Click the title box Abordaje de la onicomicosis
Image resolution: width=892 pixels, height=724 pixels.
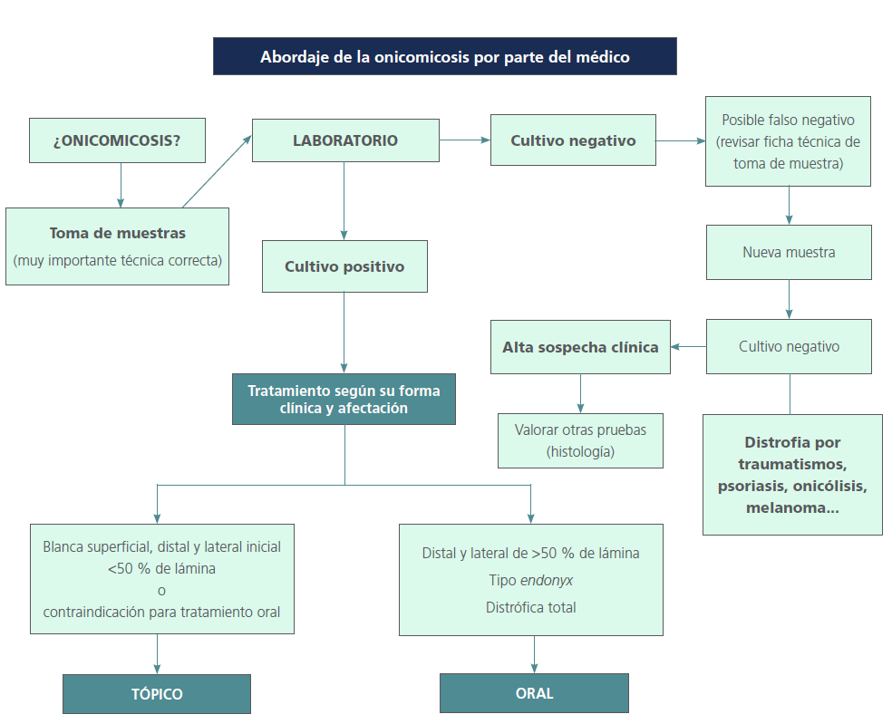[x=444, y=56]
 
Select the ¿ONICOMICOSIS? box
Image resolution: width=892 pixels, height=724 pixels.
[x=117, y=141]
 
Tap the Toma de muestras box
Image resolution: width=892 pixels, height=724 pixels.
[x=117, y=246]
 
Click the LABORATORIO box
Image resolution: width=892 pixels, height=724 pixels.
[x=344, y=140]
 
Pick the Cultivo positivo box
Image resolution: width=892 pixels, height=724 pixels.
[x=344, y=266]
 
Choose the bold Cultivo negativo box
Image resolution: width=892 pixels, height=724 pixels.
[x=573, y=140]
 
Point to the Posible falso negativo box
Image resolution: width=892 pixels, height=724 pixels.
[x=788, y=141]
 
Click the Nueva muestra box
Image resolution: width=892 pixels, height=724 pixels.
[x=789, y=252]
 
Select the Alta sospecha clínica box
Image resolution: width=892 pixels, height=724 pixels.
[x=580, y=347]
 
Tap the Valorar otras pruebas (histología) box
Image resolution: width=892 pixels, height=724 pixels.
[x=580, y=440]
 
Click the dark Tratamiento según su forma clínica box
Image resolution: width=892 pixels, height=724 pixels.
[x=344, y=400]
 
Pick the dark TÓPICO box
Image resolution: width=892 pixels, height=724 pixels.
[x=157, y=694]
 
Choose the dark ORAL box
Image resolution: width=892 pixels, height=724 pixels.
[x=534, y=693]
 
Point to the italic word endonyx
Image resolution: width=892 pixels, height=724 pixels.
[x=547, y=580]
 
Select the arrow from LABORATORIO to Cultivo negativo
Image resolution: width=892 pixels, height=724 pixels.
[x=465, y=140]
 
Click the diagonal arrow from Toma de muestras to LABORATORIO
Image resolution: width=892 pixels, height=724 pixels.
[x=218, y=171]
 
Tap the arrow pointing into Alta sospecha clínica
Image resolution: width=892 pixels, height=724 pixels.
[x=689, y=347]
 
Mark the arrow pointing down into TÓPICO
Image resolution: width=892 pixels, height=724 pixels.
[x=157, y=653]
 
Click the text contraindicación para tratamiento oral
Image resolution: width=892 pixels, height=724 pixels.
[x=161, y=612]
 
